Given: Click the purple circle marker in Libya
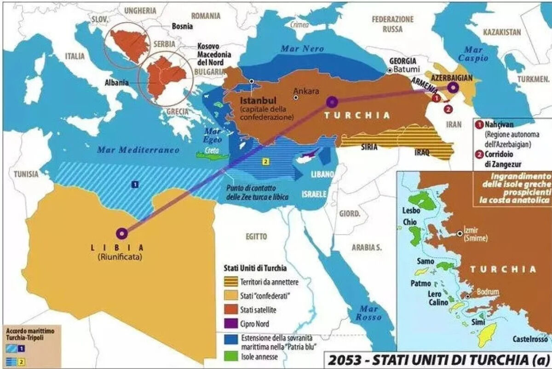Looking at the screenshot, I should pyautogui.click(x=121, y=234).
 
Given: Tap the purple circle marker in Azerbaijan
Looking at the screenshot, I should pyautogui.click(x=453, y=87).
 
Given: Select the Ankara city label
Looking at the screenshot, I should pyautogui.click(x=306, y=91).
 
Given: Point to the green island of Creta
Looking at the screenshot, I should pyautogui.click(x=212, y=156).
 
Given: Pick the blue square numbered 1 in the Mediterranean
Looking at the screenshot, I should pyautogui.click(x=135, y=184).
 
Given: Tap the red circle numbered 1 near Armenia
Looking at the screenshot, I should pyautogui.click(x=436, y=98).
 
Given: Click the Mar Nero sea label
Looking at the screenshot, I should pyautogui.click(x=303, y=48).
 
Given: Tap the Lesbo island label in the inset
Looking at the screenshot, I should pyautogui.click(x=410, y=211).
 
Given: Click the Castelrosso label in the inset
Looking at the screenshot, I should pyautogui.click(x=530, y=339).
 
